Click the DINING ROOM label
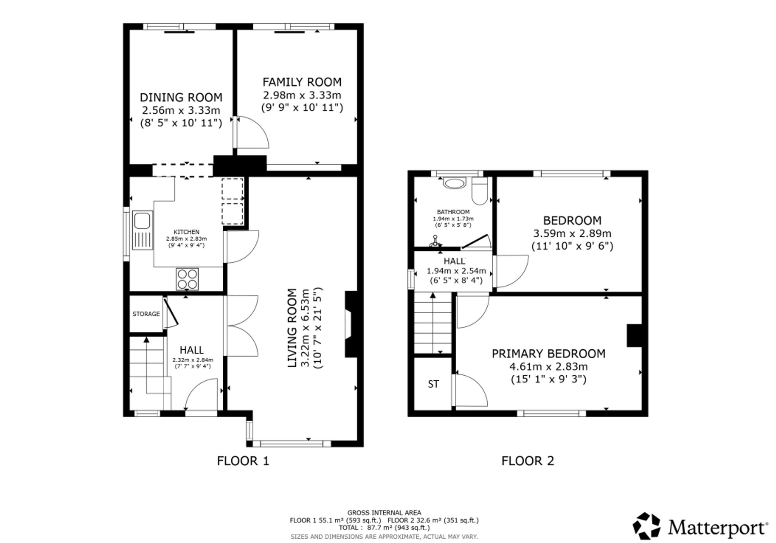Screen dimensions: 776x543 tap(181, 97)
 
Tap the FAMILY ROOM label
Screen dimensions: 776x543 tap(302, 82)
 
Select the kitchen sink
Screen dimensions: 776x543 tap(142, 230)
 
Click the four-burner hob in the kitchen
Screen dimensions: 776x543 tap(187, 279)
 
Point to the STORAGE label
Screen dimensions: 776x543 tap(146, 314)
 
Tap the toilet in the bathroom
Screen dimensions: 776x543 tap(480, 191)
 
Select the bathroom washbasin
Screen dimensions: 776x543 tap(454, 183)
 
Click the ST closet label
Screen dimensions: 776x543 tap(433, 384)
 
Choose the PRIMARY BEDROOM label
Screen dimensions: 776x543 tap(548, 354)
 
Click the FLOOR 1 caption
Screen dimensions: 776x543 tap(243, 461)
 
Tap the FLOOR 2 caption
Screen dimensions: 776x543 tap(528, 461)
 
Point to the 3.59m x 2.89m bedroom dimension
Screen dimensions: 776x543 tap(572, 233)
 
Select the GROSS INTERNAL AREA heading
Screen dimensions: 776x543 tap(384, 512)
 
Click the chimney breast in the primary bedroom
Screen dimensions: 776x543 tap(634, 335)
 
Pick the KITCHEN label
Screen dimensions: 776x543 tap(186, 232)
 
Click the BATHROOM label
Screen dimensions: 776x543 tap(453, 212)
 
